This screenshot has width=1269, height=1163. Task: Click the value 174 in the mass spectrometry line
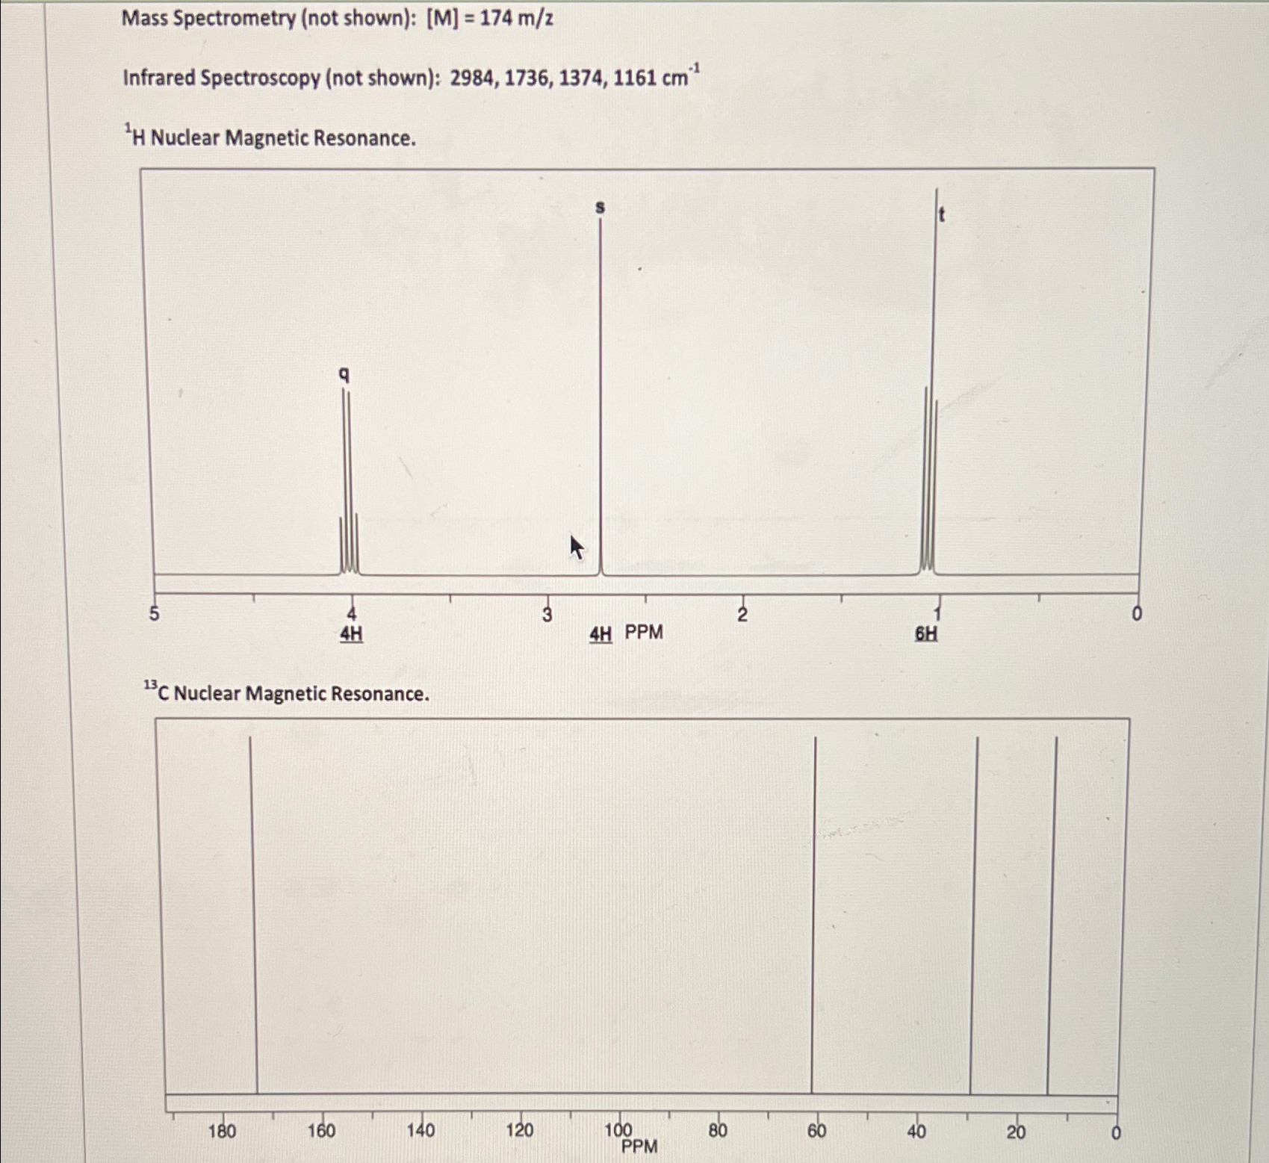point(495,18)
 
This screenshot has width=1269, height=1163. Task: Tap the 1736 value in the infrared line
point(526,78)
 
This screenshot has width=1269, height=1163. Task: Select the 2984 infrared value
point(471,78)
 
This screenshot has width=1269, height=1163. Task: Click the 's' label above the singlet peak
point(600,207)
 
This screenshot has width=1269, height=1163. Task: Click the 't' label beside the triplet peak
point(941,215)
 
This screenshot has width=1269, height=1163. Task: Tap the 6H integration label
point(926,633)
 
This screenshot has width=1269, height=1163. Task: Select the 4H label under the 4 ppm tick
point(351,634)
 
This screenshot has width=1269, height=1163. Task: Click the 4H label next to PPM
point(601,634)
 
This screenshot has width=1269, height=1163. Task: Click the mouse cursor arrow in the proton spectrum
point(576,547)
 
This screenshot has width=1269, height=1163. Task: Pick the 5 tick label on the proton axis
point(154,614)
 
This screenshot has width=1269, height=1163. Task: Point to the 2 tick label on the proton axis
point(742,614)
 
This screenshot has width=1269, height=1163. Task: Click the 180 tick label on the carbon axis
point(222,1131)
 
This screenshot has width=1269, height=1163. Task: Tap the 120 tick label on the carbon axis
point(520,1131)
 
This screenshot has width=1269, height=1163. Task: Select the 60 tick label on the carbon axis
point(816,1131)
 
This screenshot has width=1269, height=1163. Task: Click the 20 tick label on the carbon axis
point(1016,1132)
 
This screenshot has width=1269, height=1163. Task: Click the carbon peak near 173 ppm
point(254,911)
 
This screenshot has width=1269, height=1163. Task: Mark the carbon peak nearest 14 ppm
point(1052,911)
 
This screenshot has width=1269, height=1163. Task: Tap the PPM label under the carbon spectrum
point(639,1147)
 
